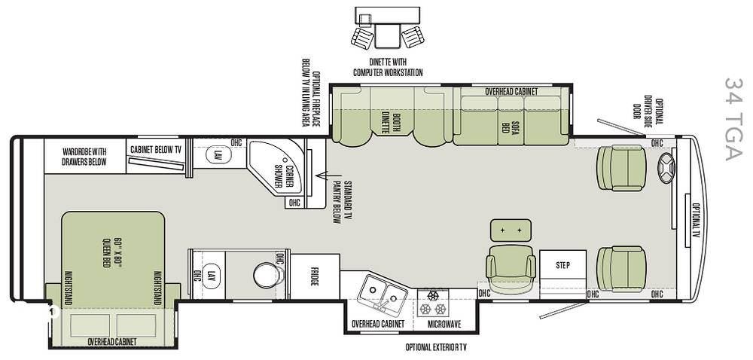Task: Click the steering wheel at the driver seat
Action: tap(666, 169)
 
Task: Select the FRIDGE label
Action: tap(315, 277)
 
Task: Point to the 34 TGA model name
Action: tap(733, 119)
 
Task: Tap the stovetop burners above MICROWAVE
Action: tap(433, 304)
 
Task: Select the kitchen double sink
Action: tap(383, 293)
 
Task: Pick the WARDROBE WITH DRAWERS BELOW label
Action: tap(84, 157)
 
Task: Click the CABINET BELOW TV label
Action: tap(156, 150)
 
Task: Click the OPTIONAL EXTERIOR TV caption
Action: tap(436, 347)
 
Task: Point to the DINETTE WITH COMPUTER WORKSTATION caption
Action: tap(388, 67)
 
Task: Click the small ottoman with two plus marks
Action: tap(511, 230)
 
